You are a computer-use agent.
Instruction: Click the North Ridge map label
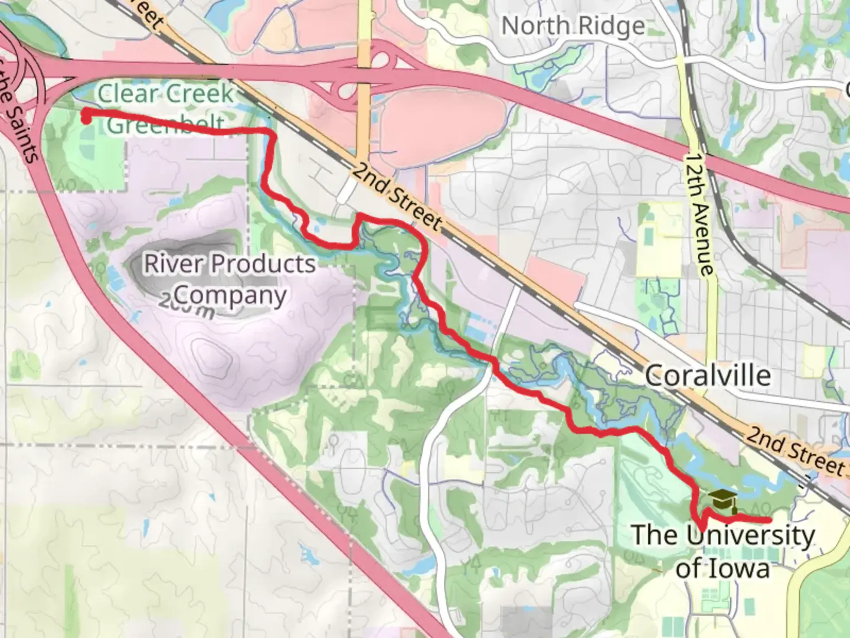click(573, 26)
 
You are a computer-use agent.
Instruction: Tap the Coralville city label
click(707, 376)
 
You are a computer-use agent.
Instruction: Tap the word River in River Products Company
click(172, 263)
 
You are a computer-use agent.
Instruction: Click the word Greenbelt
click(165, 125)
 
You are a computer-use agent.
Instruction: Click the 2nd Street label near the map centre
click(397, 196)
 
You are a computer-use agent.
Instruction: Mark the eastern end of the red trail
click(769, 520)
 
